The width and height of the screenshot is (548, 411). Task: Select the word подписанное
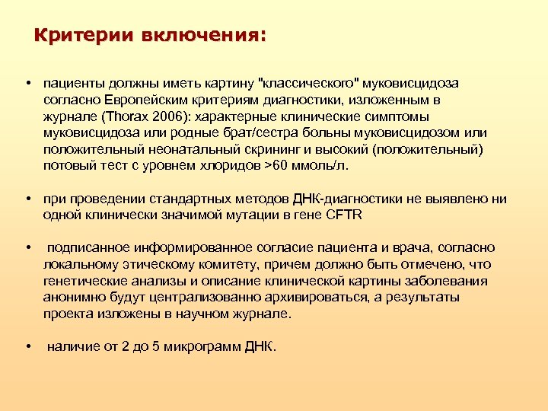pos(85,248)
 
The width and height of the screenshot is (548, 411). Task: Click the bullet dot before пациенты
pos(27,83)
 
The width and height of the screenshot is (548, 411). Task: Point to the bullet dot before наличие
pos(27,347)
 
